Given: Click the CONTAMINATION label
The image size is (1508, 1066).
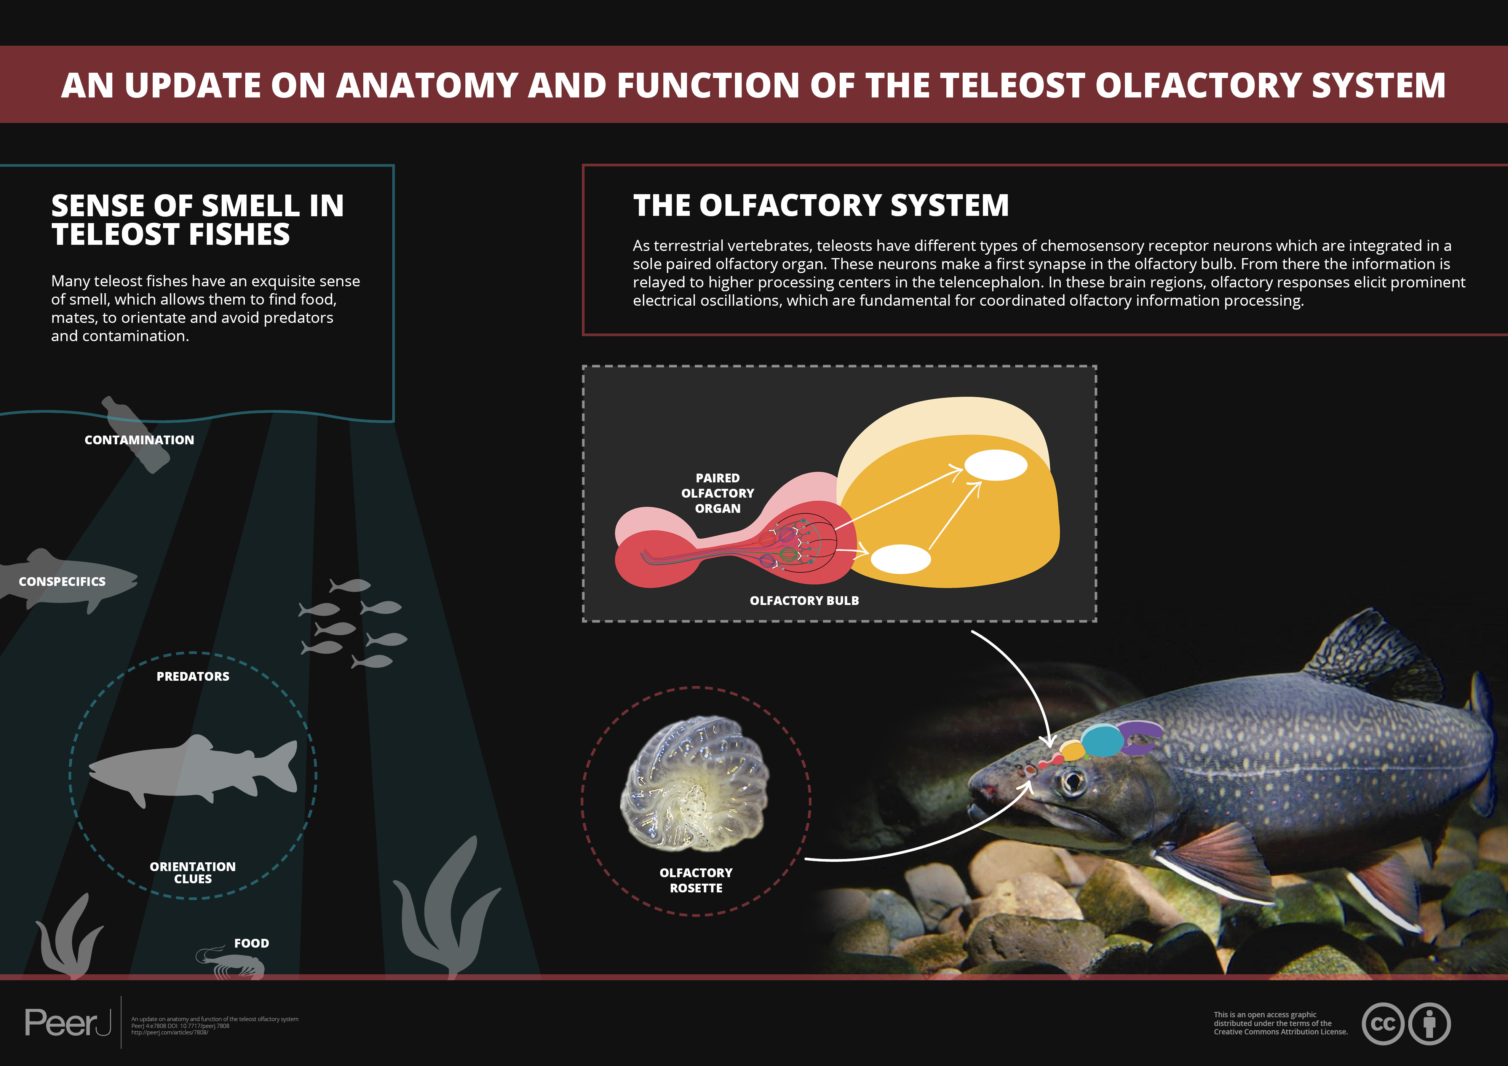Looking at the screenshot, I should click(x=139, y=440).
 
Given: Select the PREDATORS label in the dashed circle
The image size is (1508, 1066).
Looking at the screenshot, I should click(x=192, y=677).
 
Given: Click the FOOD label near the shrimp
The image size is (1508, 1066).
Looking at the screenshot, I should click(x=252, y=943).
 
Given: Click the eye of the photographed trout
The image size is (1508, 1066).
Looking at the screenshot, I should click(x=1073, y=782).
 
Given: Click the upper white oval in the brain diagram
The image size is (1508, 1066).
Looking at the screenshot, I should click(x=995, y=465).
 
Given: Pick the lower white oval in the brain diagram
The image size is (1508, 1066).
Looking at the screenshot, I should click(x=901, y=559).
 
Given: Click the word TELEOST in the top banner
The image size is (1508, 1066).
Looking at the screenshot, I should click(x=1011, y=85).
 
